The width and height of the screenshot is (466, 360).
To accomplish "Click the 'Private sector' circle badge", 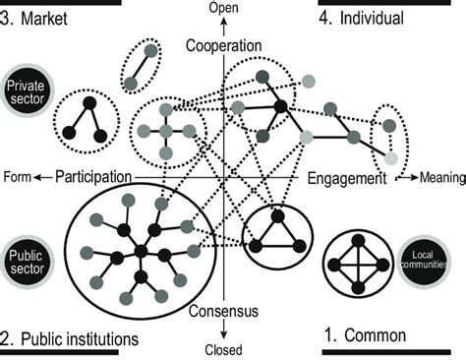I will [x=28, y=93].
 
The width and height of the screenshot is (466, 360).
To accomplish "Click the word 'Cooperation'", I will [x=225, y=46].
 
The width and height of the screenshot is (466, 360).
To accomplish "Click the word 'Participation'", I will [x=93, y=177].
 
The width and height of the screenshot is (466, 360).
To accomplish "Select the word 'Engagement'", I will [x=347, y=179].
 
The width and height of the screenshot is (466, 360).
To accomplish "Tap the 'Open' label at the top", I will [x=225, y=9].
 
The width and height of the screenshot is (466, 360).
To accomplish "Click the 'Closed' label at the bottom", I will [x=225, y=348].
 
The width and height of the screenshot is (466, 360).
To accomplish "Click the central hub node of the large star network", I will [x=141, y=253].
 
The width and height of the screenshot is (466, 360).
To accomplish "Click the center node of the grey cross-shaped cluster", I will [x=165, y=131].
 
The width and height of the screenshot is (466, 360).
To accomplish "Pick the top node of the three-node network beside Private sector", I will [x=86, y=102].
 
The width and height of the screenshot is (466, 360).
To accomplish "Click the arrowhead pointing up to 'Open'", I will [x=225, y=23].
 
